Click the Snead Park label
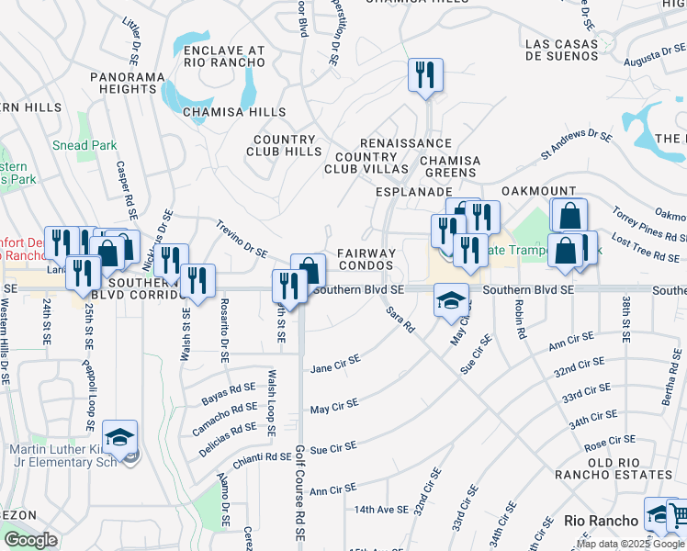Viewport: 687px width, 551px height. coord(84,145)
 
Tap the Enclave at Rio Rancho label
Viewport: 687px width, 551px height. coord(223,57)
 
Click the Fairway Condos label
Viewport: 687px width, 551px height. coord(366,259)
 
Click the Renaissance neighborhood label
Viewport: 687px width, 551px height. coord(406,143)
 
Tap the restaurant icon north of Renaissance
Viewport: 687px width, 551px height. coord(425,77)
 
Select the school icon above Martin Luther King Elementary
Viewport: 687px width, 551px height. coord(119,438)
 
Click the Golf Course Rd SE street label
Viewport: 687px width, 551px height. coord(300,491)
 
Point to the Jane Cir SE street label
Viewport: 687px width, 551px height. coord(335,364)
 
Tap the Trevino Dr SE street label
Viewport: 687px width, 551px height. coord(242,238)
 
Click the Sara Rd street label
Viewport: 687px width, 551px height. coord(400,320)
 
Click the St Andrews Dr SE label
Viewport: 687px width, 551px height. coord(576,145)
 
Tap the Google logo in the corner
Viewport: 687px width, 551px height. coord(30,540)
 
